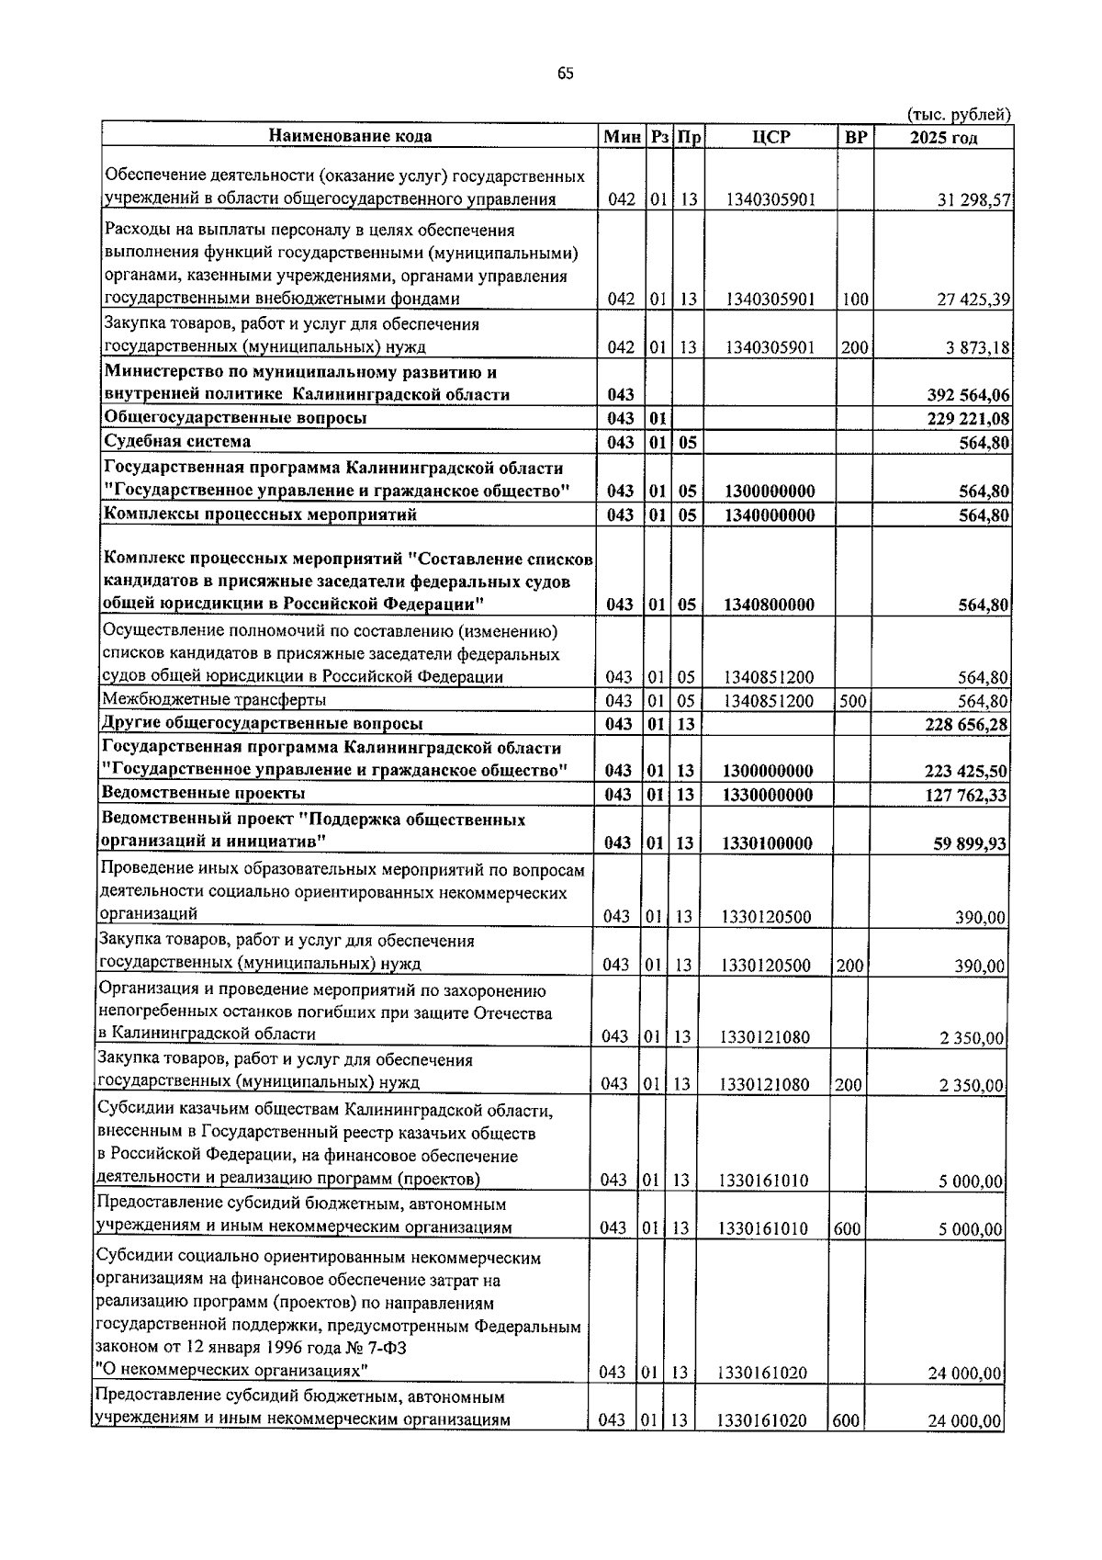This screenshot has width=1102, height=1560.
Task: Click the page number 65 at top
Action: click(565, 74)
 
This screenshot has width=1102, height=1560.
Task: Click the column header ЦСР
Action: click(770, 137)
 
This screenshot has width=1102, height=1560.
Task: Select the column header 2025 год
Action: click(943, 138)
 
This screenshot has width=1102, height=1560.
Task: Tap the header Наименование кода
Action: click(350, 136)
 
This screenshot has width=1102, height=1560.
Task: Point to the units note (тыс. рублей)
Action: click(959, 114)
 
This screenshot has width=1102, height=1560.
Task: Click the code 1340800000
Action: click(769, 605)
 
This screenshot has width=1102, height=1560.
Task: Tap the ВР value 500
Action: click(854, 701)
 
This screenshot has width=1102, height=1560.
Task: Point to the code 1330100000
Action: click(767, 843)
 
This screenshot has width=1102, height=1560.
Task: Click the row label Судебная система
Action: click(177, 442)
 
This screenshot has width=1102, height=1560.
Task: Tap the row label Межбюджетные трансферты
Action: click(214, 700)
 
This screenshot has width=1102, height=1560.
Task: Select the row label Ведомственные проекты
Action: click(203, 793)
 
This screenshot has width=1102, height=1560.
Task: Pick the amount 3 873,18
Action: click(976, 347)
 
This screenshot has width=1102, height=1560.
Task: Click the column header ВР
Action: click(855, 137)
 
